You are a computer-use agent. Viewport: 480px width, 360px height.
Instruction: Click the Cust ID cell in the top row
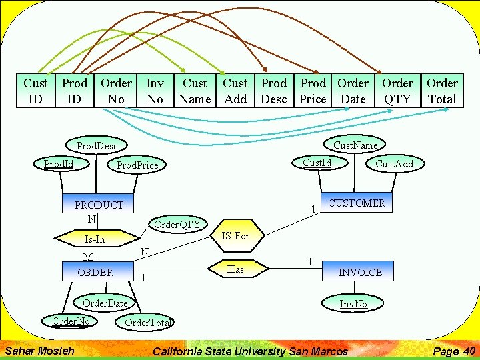click(x=35, y=91)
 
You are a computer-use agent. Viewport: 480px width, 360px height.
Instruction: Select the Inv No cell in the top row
click(x=155, y=91)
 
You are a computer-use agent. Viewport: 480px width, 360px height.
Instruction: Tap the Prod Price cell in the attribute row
click(x=313, y=91)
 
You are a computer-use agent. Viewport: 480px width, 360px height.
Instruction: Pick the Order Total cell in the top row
click(x=442, y=91)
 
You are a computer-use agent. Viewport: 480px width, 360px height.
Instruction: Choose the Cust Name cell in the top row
click(x=195, y=91)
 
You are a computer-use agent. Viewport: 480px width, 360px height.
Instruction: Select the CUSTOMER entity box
click(x=356, y=203)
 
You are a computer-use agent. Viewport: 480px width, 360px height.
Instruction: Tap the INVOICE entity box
click(x=360, y=272)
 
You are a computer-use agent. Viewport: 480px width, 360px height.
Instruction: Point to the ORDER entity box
click(x=95, y=272)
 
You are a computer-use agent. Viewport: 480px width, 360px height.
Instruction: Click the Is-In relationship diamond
click(x=94, y=239)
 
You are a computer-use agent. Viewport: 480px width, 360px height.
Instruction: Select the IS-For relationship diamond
click(x=235, y=235)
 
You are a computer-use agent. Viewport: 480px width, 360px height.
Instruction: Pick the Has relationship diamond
click(x=235, y=269)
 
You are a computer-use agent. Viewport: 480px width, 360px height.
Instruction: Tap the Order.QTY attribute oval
click(x=177, y=224)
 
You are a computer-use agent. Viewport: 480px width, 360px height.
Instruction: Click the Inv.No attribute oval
click(x=353, y=304)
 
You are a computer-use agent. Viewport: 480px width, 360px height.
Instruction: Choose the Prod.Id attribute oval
click(x=59, y=163)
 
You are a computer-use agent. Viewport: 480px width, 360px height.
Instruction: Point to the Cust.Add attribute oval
click(x=394, y=164)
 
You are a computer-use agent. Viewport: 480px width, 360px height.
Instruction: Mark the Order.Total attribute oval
click(x=147, y=323)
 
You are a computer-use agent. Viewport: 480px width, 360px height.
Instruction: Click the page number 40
click(x=469, y=351)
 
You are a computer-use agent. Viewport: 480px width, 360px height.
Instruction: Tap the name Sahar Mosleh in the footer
click(x=39, y=351)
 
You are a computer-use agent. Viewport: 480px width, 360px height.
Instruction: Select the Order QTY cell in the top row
click(x=397, y=91)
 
